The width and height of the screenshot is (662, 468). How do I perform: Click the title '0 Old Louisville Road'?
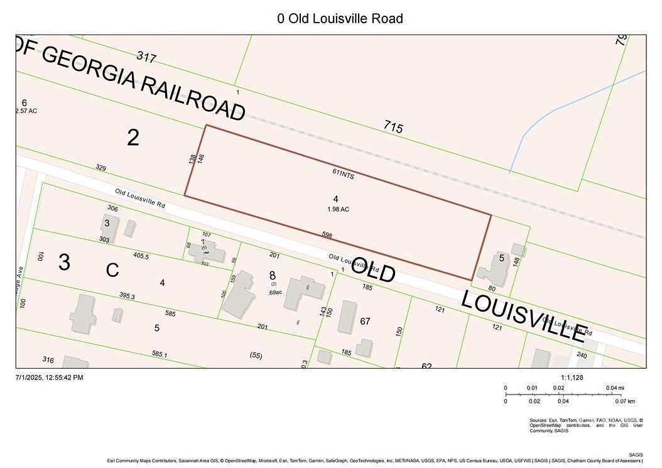click(x=340, y=19)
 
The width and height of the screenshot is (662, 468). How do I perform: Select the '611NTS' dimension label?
click(x=344, y=175)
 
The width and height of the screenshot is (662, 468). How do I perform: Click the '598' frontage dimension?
click(x=327, y=236)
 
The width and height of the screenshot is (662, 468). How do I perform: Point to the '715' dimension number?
click(x=393, y=127)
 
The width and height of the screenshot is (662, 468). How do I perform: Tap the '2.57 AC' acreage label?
click(x=26, y=111)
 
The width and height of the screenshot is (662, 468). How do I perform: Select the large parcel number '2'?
click(x=133, y=138)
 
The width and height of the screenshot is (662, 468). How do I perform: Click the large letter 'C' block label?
click(x=112, y=270)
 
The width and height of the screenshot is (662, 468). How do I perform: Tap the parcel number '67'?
click(x=365, y=322)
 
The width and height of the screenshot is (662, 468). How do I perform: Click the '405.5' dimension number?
click(x=141, y=256)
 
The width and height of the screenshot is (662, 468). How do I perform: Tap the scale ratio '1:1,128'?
click(x=573, y=377)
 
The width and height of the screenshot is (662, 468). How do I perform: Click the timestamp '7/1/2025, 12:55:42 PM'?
click(x=49, y=377)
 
